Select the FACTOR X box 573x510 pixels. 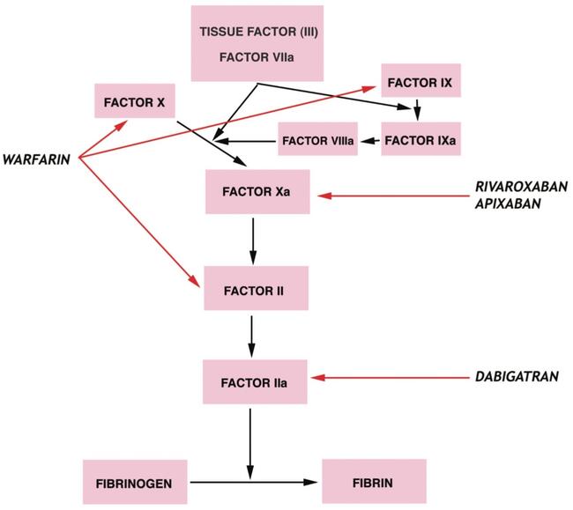point(133,101)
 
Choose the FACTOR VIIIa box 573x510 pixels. point(317,140)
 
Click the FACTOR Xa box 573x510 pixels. point(256,191)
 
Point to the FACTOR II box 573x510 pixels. point(256,288)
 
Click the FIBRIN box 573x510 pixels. point(373,482)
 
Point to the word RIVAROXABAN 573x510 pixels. point(520,187)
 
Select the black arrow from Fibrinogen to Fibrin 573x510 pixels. point(251,483)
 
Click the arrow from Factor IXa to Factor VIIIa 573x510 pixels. point(370,140)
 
